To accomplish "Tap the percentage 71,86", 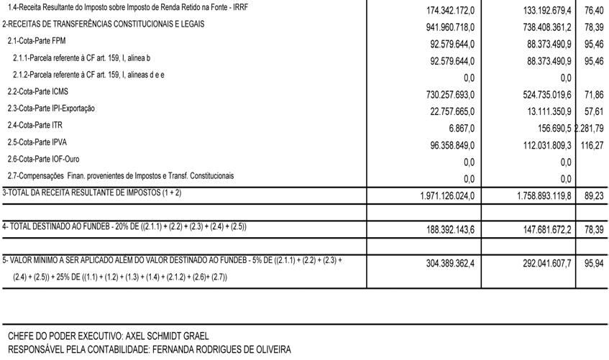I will (x=594, y=95).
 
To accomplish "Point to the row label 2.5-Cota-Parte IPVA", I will (x=37, y=142).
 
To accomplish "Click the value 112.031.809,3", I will (x=537, y=145).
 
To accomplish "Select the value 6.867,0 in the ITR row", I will (x=457, y=128).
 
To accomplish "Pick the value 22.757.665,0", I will (x=441, y=111).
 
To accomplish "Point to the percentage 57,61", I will (x=594, y=111).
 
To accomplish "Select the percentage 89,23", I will (x=594, y=195).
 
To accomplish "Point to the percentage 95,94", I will (x=594, y=264).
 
